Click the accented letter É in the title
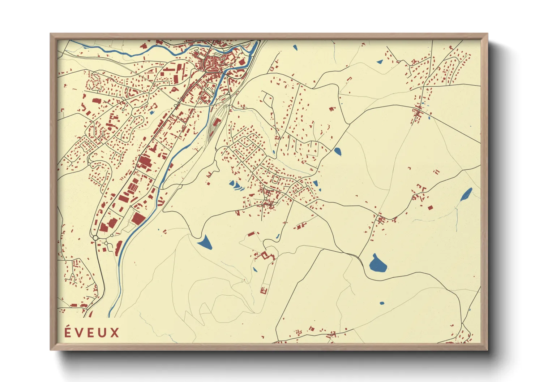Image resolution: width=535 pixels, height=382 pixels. (x=68, y=332)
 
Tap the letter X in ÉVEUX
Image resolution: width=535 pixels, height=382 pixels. (x=114, y=333)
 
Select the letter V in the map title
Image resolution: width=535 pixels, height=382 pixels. (x=79, y=333)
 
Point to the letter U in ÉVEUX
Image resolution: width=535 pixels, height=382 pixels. (x=103, y=333)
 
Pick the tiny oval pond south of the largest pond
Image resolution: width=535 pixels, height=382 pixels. (x=382, y=303)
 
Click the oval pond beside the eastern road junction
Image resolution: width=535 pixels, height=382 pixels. (x=337, y=151)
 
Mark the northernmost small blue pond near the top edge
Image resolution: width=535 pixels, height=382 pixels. (x=295, y=47)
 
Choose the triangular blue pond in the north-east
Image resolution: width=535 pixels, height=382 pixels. (x=380, y=62)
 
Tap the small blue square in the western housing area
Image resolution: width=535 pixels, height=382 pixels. (x=152, y=112)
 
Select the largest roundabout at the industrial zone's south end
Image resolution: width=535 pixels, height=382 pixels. (x=95, y=238)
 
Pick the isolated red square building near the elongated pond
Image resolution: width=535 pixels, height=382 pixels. (x=430, y=207)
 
